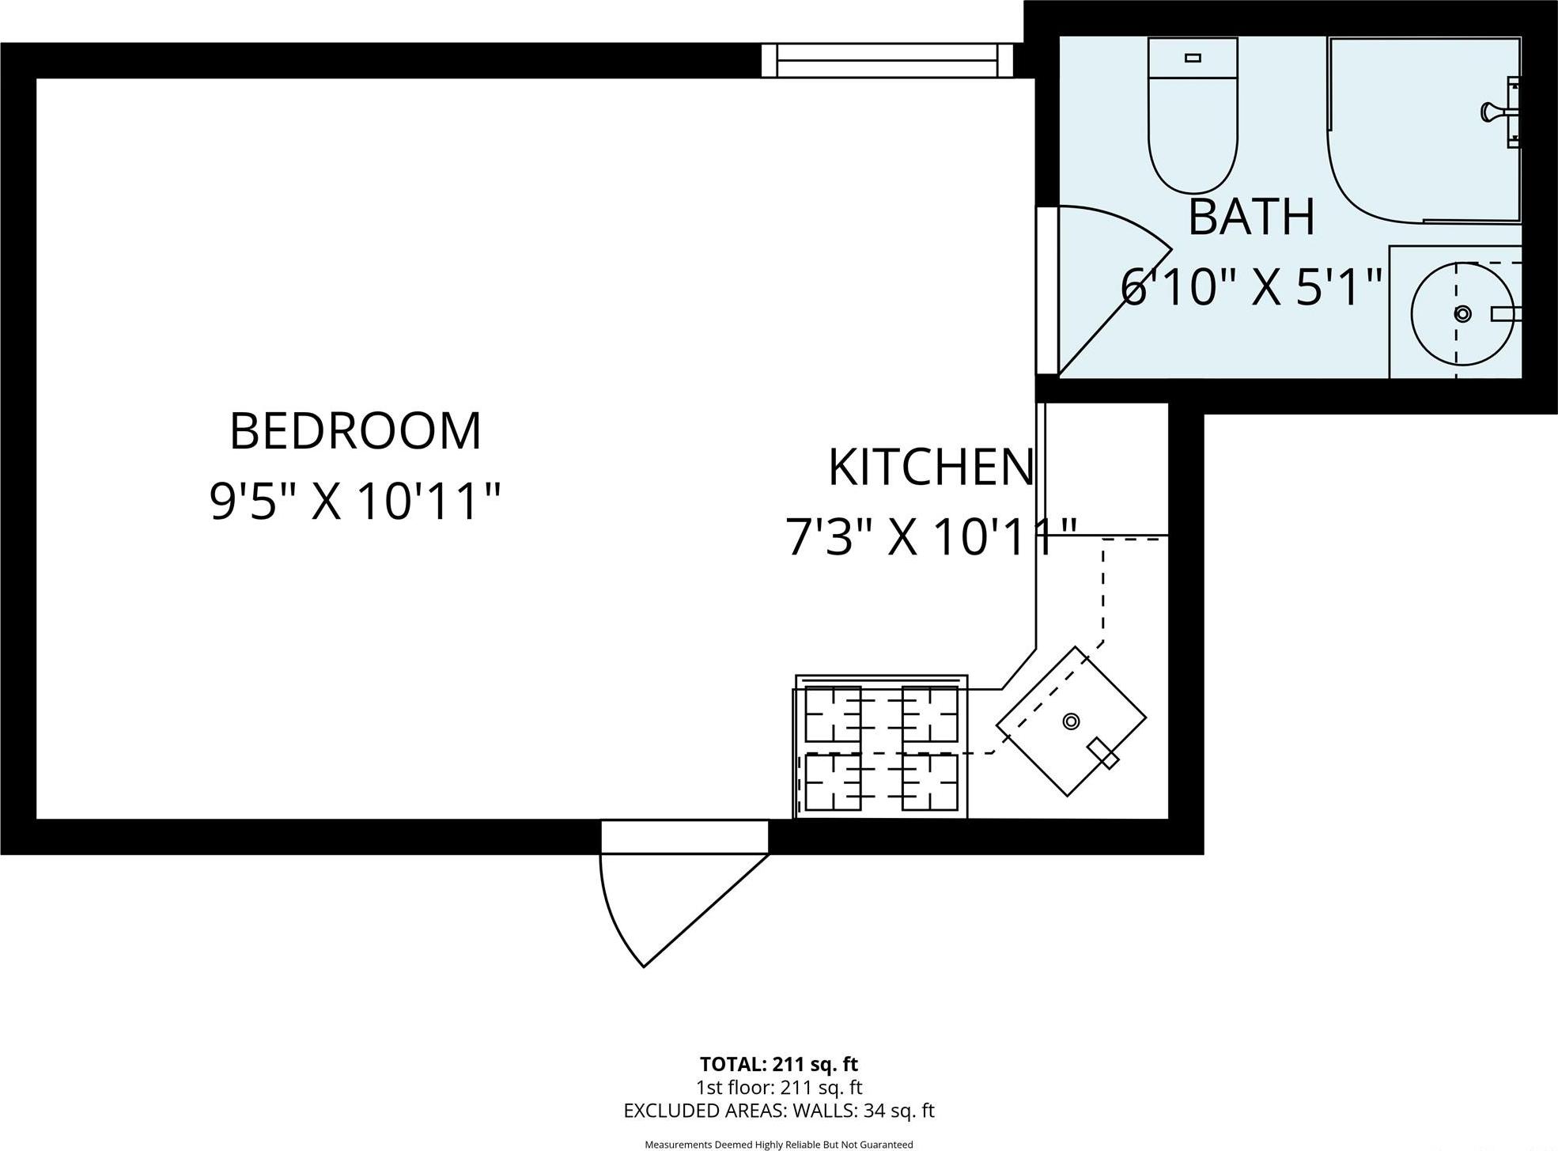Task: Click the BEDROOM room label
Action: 355,432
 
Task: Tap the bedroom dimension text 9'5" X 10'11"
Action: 355,502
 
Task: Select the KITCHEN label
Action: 931,468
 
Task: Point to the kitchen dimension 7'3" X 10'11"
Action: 931,538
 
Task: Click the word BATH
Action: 1251,218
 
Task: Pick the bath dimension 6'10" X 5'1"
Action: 1251,286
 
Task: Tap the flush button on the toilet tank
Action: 1193,58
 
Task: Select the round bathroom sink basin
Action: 1462,314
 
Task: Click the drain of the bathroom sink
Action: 1462,314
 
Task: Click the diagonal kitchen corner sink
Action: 1071,721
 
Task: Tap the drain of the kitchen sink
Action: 1071,721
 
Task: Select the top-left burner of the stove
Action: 833,714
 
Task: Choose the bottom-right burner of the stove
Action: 930,782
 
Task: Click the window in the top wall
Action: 887,61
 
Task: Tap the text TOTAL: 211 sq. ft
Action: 778,1064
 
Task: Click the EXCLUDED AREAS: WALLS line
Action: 778,1111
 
